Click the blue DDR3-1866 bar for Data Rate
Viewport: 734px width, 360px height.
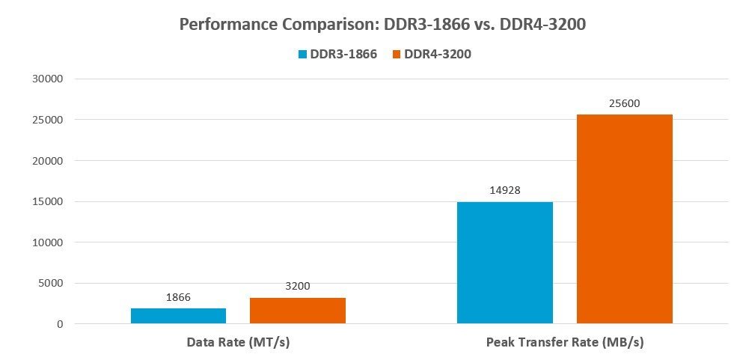click(x=178, y=316)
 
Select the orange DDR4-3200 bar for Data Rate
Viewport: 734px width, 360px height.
click(x=298, y=311)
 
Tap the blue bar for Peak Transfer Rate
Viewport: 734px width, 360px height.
click(x=505, y=263)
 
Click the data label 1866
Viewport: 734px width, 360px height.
click(x=178, y=297)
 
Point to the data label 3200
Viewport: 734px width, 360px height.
click(x=297, y=286)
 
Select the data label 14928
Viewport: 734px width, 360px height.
click(x=505, y=190)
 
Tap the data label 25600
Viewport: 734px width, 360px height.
click(x=624, y=103)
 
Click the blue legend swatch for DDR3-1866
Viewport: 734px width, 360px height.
click(x=303, y=54)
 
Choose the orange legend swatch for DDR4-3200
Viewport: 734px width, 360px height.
click(x=396, y=54)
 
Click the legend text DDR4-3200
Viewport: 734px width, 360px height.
click(x=437, y=54)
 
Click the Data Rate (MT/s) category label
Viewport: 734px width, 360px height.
click(x=237, y=343)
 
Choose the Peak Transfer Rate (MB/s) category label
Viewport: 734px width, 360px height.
click(x=565, y=343)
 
